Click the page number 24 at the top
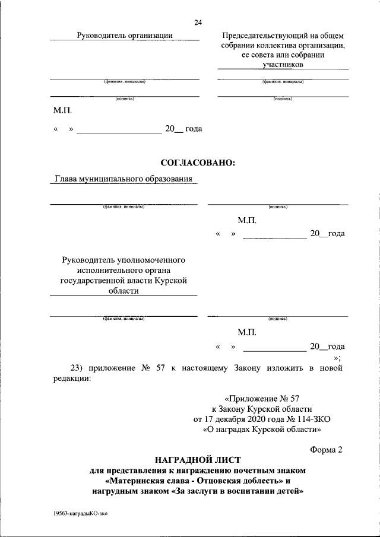198,23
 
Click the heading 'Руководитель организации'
125,36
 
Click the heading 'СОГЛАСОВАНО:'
198,162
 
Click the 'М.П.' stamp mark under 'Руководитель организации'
62,110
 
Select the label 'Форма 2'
327,449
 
